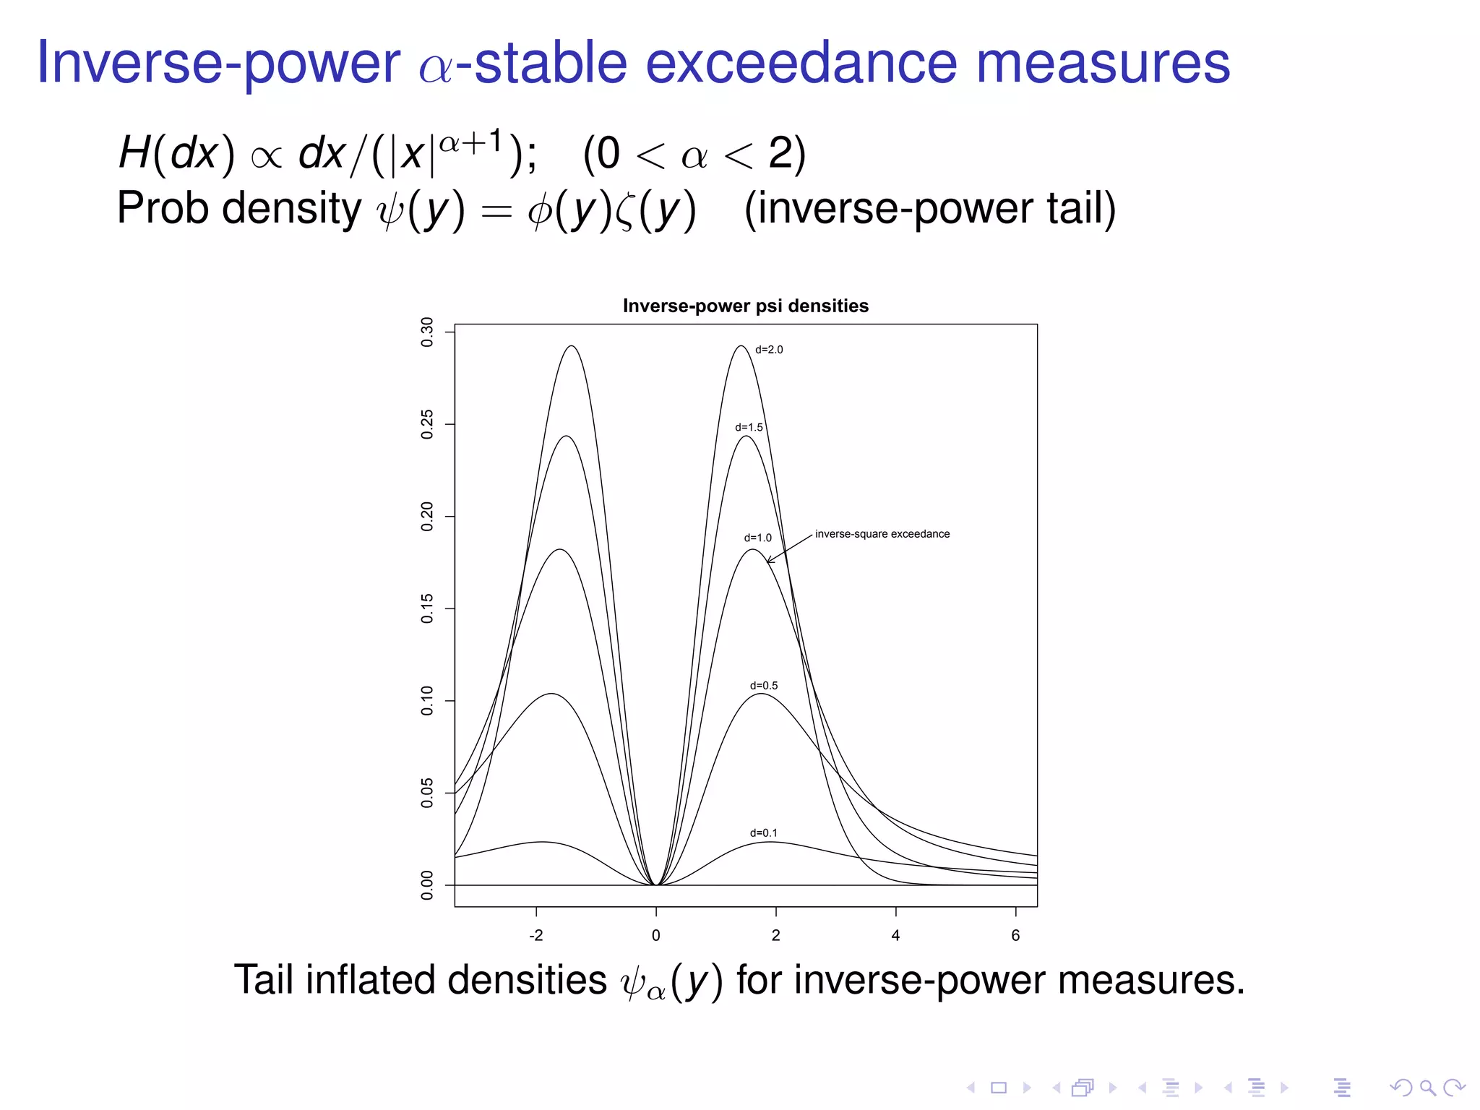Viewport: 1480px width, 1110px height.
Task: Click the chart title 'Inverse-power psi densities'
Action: click(x=745, y=306)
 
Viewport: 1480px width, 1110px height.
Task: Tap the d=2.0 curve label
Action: click(x=769, y=350)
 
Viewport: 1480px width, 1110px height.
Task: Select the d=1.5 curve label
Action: click(x=749, y=427)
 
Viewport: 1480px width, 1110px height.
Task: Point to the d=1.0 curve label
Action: click(x=757, y=538)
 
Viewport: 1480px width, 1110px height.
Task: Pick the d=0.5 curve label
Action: click(x=763, y=685)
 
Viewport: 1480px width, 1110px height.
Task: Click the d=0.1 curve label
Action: click(x=763, y=832)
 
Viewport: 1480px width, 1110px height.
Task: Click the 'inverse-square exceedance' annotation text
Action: click(x=882, y=534)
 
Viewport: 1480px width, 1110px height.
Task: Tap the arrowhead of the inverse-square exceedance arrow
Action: click(x=769, y=561)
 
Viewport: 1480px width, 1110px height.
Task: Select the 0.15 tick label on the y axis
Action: click(x=427, y=608)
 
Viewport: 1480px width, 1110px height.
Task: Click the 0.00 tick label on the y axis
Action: click(x=427, y=885)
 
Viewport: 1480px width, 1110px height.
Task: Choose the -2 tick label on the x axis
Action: click(x=535, y=935)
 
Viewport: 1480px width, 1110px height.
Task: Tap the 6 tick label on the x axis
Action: click(x=1015, y=935)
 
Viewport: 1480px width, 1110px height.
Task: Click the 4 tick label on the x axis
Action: click(x=895, y=935)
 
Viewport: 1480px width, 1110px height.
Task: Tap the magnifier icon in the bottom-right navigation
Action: click(x=1427, y=1088)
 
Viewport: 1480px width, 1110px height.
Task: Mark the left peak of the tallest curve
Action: click(x=572, y=346)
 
